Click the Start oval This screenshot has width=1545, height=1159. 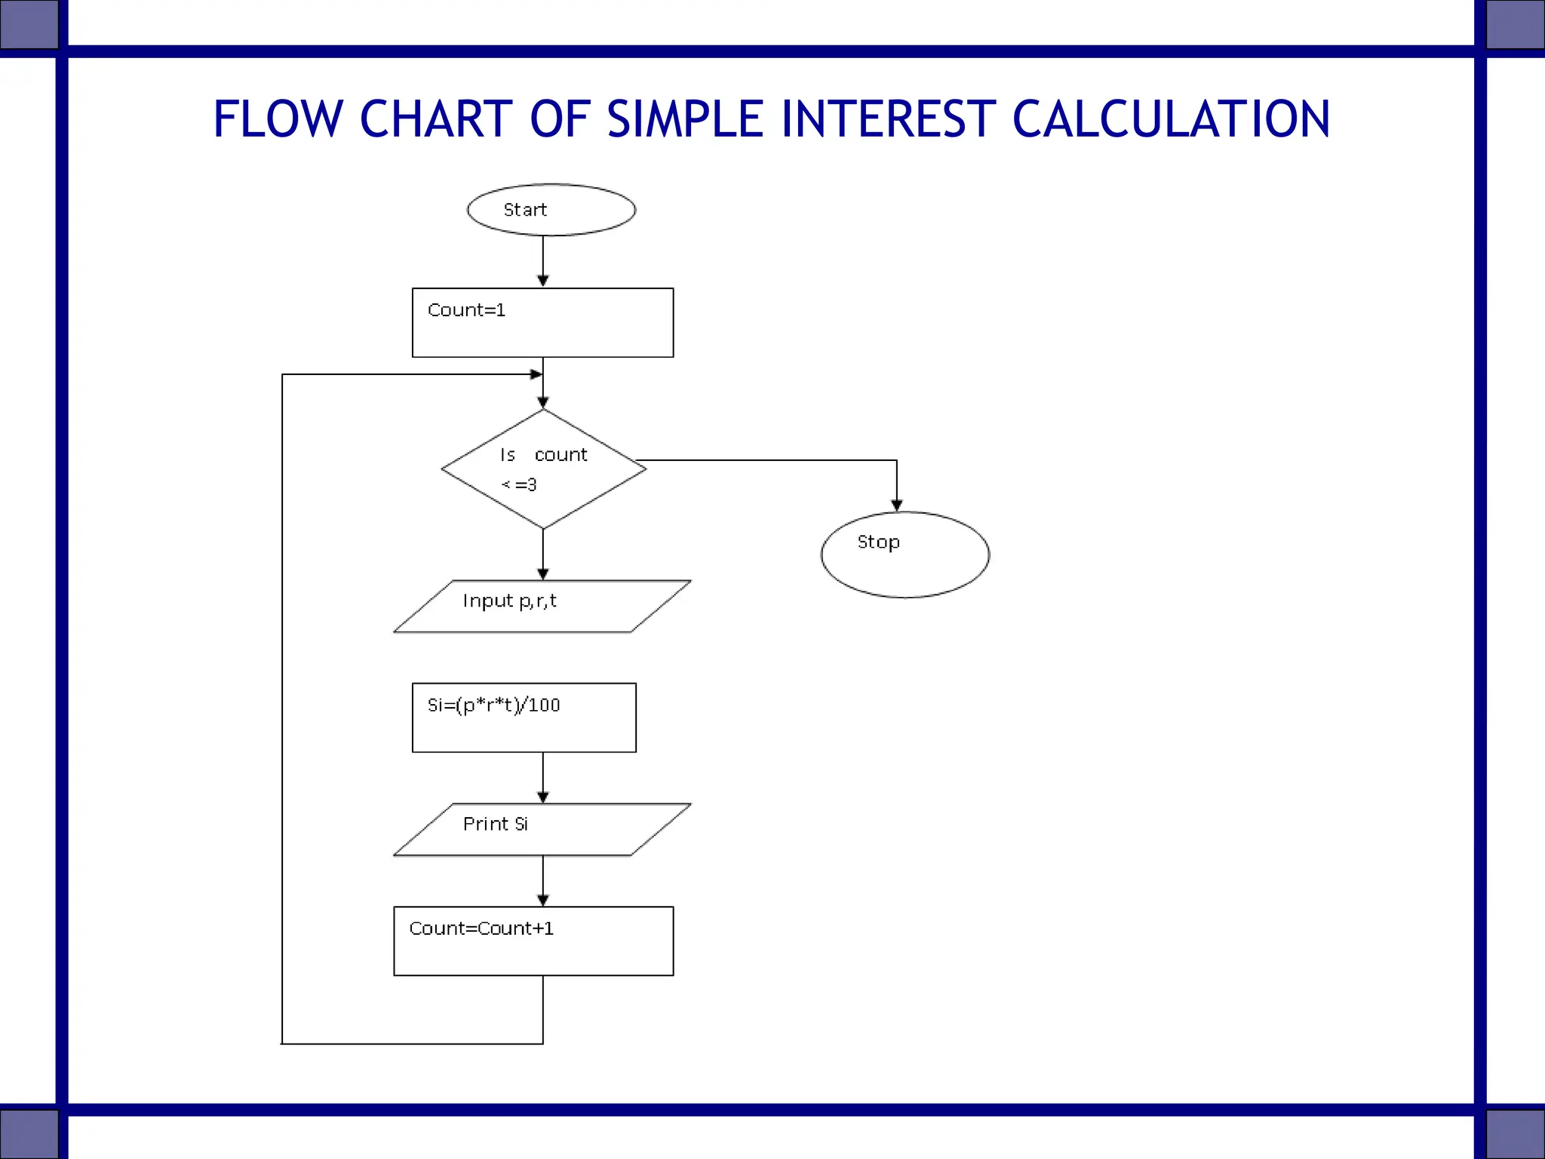coord(551,210)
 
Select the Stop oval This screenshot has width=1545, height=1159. coord(905,555)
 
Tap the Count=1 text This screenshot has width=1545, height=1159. coord(466,310)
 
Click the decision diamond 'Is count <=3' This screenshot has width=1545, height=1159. coord(543,469)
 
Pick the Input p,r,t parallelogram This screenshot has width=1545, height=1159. coord(542,606)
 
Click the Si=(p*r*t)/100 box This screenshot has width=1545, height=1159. coord(524,717)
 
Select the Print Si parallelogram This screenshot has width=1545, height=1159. coord(542,829)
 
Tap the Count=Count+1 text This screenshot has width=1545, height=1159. coord(481,929)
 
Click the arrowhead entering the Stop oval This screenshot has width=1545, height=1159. coord(896,505)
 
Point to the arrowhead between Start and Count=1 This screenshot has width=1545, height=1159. coord(543,281)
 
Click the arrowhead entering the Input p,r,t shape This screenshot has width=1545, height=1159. coord(543,573)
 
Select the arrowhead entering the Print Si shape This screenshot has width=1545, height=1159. coord(543,797)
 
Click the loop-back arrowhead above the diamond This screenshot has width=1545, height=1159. coord(536,374)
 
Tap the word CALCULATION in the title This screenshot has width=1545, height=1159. coord(1171,119)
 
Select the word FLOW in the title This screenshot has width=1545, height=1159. coord(278,119)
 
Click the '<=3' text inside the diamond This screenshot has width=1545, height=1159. coord(519,485)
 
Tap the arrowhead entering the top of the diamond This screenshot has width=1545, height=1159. coord(543,403)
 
